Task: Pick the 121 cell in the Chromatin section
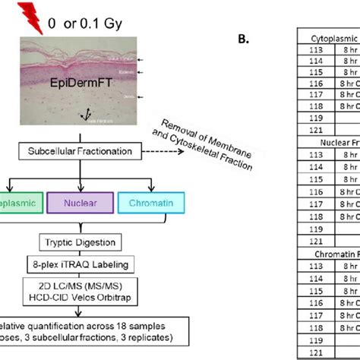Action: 300,352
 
